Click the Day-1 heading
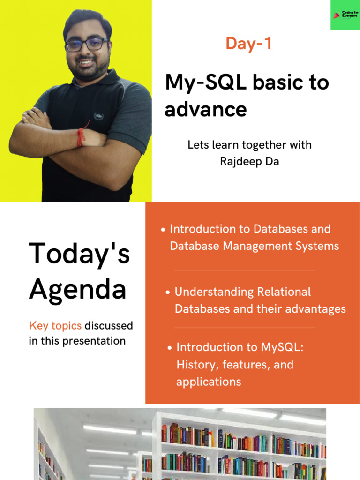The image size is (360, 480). [x=248, y=44]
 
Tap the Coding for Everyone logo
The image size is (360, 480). [x=345, y=15]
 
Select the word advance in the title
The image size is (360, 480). [x=205, y=109]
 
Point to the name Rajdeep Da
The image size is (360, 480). [x=249, y=162]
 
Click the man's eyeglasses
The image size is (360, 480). [x=87, y=45]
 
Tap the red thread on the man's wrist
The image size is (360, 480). [x=81, y=135]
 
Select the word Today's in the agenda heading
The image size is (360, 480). [x=79, y=254]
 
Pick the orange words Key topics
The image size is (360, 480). [x=55, y=325]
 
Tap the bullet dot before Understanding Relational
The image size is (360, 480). [x=168, y=292]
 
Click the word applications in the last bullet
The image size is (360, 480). [x=209, y=382]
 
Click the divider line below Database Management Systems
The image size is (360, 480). [x=245, y=270]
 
